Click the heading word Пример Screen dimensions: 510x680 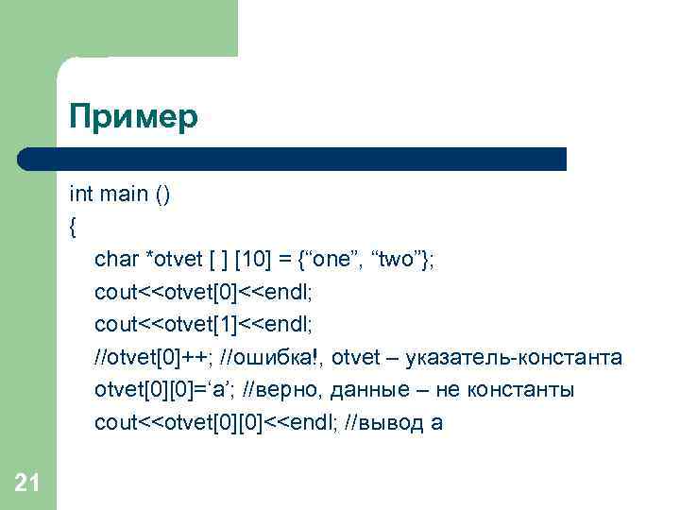point(133,118)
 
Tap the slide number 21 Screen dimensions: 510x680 point(27,484)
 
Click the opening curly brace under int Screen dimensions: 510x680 point(73,227)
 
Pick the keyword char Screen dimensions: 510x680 point(116,260)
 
